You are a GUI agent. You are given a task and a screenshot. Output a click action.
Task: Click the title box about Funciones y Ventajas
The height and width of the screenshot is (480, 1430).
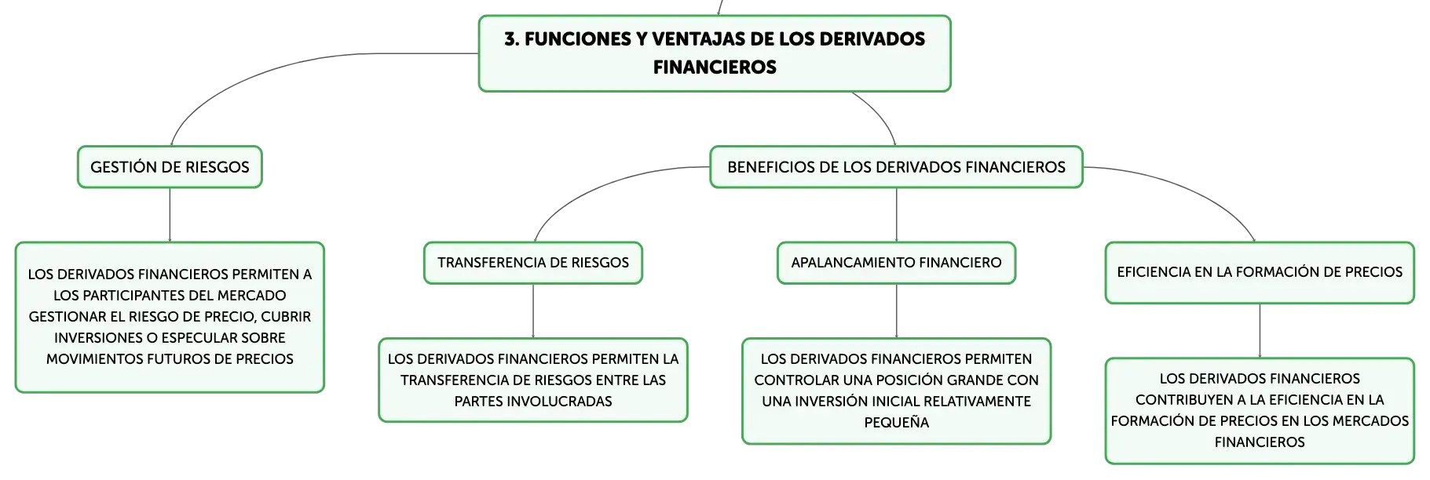click(x=715, y=53)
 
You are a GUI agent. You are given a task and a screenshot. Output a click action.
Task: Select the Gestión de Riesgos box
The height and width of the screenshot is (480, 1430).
click(x=170, y=167)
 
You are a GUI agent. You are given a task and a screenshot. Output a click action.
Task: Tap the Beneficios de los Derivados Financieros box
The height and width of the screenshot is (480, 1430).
click(x=896, y=167)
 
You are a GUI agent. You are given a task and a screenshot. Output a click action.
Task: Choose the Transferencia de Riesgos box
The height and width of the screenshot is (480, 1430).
click(x=533, y=263)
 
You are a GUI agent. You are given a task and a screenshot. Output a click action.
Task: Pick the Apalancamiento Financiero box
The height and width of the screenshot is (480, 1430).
click(x=896, y=263)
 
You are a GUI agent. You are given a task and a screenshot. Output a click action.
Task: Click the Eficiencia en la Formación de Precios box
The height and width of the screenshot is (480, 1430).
click(x=1260, y=272)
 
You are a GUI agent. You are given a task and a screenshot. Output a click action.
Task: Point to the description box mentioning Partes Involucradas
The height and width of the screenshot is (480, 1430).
click(x=533, y=380)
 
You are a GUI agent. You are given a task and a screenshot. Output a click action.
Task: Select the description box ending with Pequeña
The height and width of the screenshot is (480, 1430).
click(x=896, y=391)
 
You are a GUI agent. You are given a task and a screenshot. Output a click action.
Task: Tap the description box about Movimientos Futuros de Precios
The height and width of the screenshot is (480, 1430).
click(x=170, y=317)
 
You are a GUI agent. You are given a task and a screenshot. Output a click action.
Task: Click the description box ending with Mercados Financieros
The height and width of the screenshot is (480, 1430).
click(x=1260, y=410)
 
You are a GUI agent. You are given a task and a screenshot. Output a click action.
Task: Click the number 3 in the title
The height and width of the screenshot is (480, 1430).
click(x=510, y=39)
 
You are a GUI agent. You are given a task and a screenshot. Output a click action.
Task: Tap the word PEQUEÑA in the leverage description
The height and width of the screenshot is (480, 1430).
click(x=896, y=423)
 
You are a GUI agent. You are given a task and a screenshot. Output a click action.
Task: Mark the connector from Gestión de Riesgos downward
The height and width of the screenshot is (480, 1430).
click(x=170, y=215)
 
